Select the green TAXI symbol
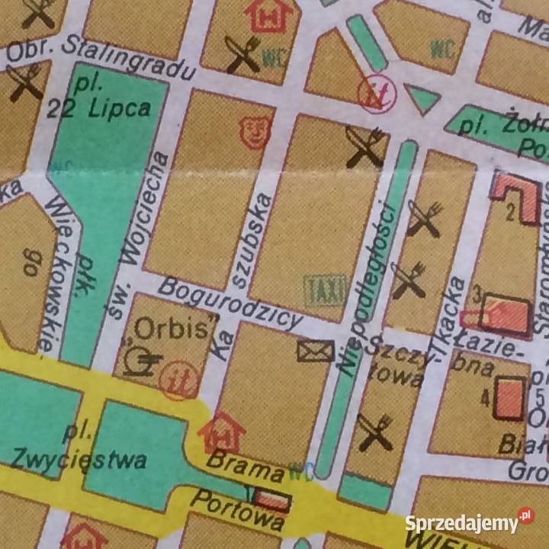click(326, 290)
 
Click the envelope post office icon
click(316, 351)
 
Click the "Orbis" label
click(172, 329)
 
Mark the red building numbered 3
click(505, 315)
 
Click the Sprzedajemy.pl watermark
click(469, 523)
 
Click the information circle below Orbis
click(181, 380)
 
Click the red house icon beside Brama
click(221, 432)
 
